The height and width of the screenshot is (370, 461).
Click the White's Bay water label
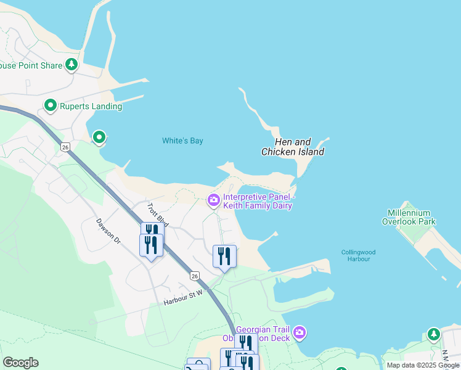[x=182, y=141]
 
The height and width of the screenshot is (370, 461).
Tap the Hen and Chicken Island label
[x=293, y=147]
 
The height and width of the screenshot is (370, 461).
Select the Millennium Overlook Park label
[x=409, y=217]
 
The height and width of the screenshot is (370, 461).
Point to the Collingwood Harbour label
[x=358, y=255]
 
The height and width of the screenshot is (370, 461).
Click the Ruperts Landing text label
[x=91, y=106]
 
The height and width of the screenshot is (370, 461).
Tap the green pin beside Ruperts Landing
[x=51, y=106]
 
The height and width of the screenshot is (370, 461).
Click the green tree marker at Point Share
[x=71, y=64]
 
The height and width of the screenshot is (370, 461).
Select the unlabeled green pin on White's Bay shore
[x=99, y=137]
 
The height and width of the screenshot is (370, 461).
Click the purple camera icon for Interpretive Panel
[x=213, y=200]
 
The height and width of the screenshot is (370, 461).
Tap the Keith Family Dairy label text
[x=258, y=206]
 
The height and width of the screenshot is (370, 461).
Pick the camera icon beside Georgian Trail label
[x=300, y=333]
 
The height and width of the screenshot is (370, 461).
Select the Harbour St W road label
[x=183, y=299]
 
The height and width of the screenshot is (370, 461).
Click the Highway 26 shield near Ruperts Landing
[x=65, y=147]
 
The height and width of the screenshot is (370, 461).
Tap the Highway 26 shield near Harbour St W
[x=195, y=276]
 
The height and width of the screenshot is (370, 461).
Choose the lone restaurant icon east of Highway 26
[x=224, y=255]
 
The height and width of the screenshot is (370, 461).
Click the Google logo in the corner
[x=20, y=363]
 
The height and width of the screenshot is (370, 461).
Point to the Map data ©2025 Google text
[x=423, y=365]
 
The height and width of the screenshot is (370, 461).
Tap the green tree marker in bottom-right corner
[x=434, y=334]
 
